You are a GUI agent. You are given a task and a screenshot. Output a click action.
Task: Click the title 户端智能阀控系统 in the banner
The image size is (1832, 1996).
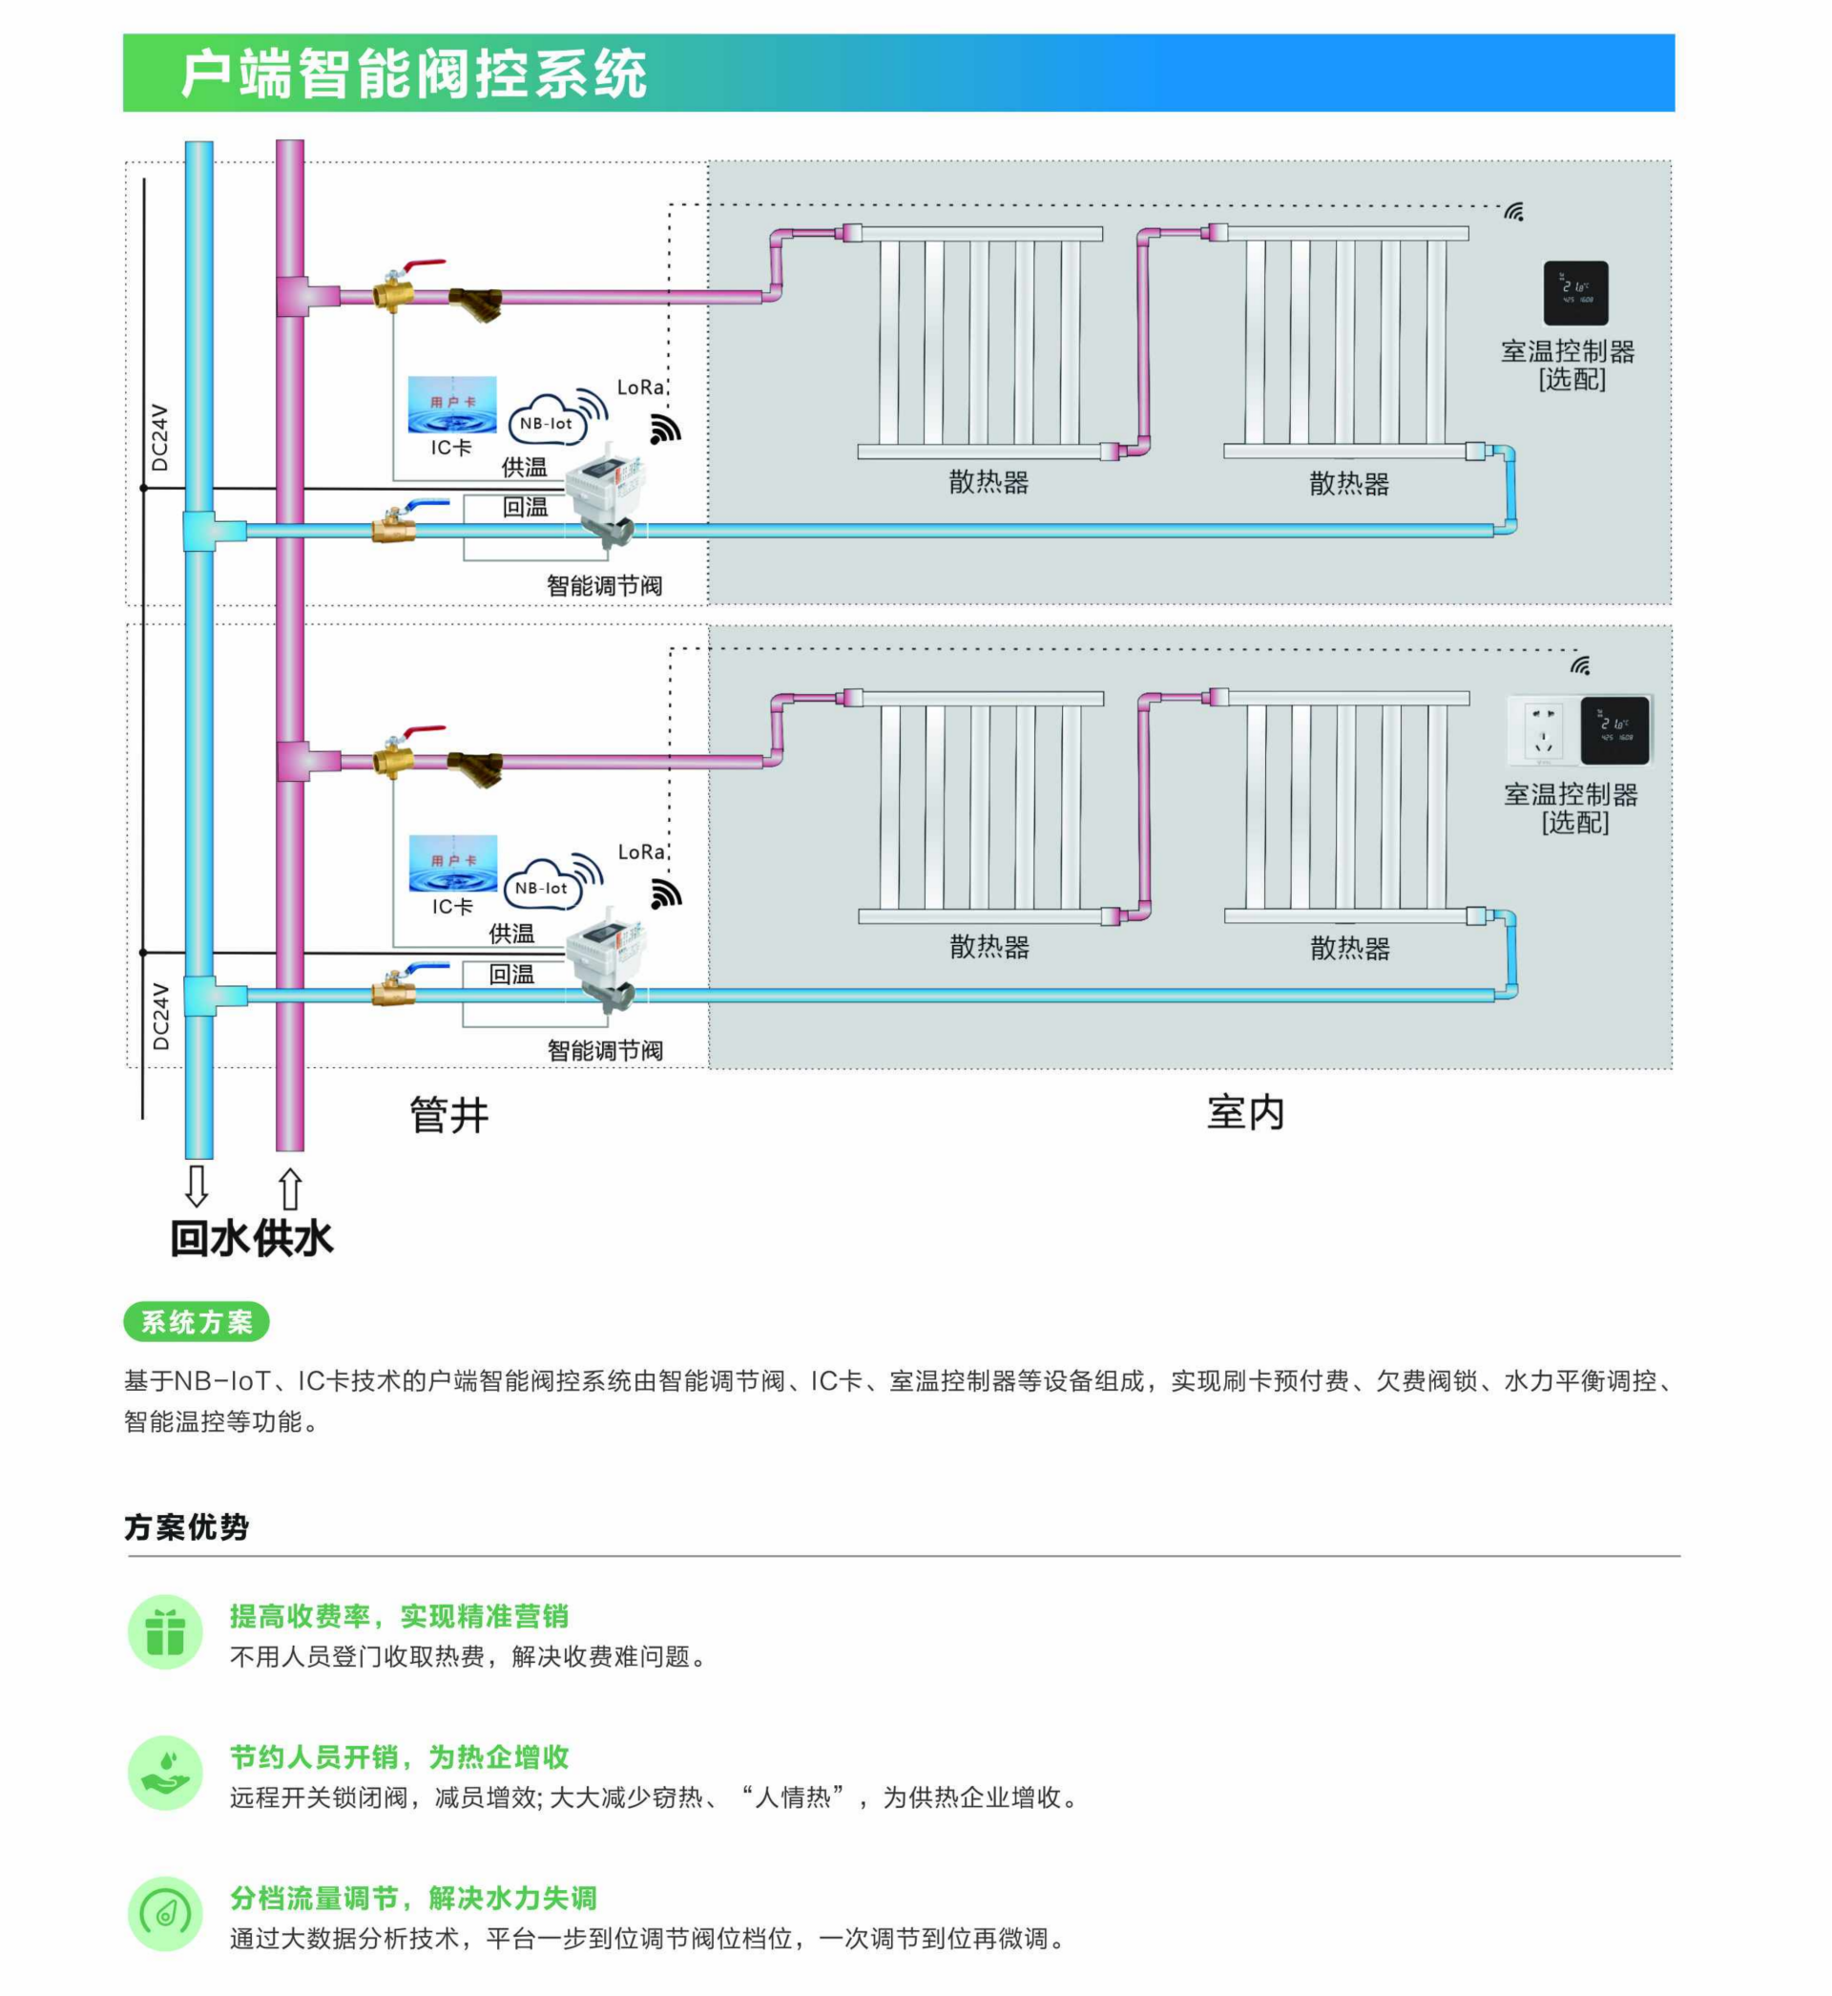click(413, 74)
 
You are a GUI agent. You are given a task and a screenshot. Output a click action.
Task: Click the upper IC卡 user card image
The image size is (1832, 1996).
click(452, 405)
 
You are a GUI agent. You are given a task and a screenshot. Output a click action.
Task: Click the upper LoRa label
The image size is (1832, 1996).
click(639, 387)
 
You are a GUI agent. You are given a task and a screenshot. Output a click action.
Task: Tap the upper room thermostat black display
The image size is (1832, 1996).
click(1575, 292)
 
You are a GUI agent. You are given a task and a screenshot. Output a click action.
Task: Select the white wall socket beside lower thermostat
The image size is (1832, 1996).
click(1542, 730)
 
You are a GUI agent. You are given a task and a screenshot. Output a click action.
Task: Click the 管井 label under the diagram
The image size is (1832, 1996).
click(449, 1115)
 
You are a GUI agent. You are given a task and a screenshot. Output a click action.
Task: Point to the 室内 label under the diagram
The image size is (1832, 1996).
click(1245, 1112)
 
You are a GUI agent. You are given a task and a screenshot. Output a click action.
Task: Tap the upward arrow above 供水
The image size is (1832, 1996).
click(289, 1187)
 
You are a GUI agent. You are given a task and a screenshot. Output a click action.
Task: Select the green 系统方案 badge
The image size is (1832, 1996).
click(197, 1321)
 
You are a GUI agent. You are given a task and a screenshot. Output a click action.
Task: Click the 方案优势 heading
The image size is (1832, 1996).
click(186, 1526)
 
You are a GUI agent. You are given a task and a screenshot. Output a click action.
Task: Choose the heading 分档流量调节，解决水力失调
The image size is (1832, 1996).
click(413, 1897)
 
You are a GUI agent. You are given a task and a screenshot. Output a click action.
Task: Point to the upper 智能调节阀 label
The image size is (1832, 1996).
click(604, 585)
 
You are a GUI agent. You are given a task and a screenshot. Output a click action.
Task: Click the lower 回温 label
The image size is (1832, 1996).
click(511, 974)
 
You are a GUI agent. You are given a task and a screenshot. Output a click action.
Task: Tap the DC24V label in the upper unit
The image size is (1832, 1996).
click(159, 437)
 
